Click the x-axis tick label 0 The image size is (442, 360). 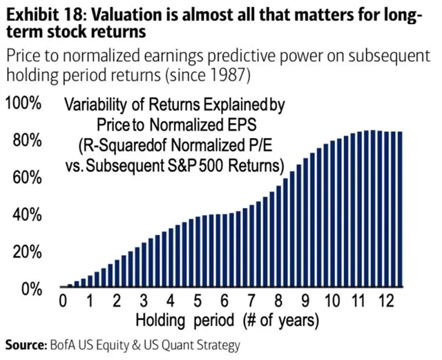point(63,302)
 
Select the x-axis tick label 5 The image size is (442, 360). point(198,302)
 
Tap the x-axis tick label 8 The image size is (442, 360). point(278,302)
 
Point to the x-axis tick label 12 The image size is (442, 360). point(386,302)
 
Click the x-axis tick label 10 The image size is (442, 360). point(332,302)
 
